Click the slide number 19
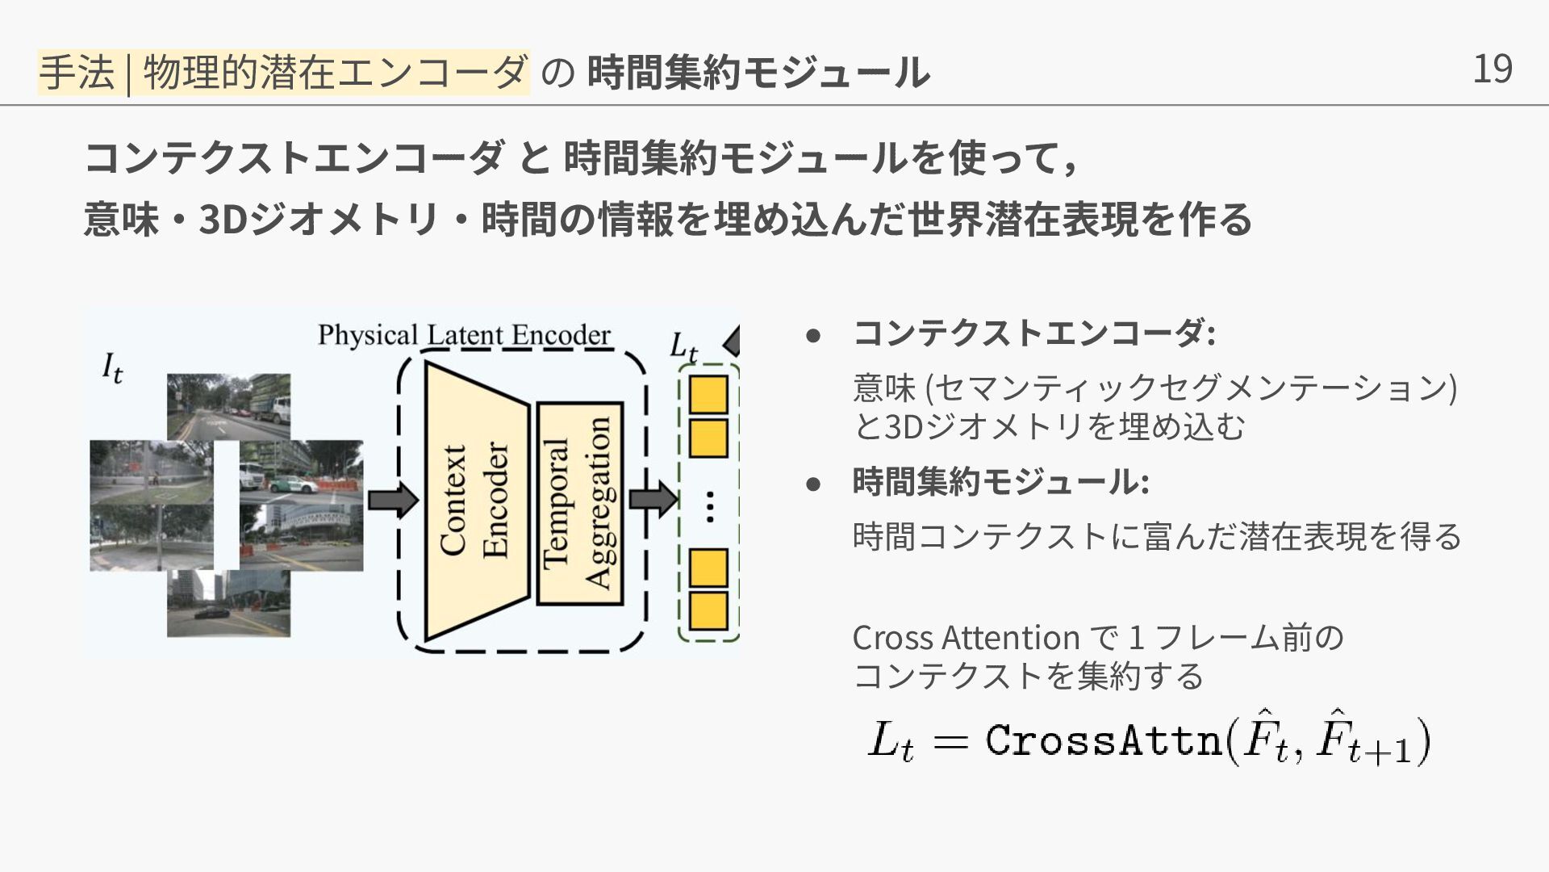click(1492, 69)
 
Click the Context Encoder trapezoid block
click(475, 501)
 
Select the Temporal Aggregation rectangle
click(579, 503)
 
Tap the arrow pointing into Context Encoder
click(393, 501)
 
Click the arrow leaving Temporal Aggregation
click(653, 499)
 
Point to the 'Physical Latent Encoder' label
click(464, 335)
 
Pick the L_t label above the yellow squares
click(683, 347)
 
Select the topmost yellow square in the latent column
click(708, 394)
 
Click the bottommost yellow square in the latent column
click(708, 611)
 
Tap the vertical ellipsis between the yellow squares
click(709, 507)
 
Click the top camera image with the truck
click(228, 406)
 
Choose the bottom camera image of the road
click(228, 604)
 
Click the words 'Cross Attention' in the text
click(965, 638)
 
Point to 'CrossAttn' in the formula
click(1103, 740)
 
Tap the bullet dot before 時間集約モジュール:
click(813, 484)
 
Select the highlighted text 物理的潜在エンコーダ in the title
click(336, 72)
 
